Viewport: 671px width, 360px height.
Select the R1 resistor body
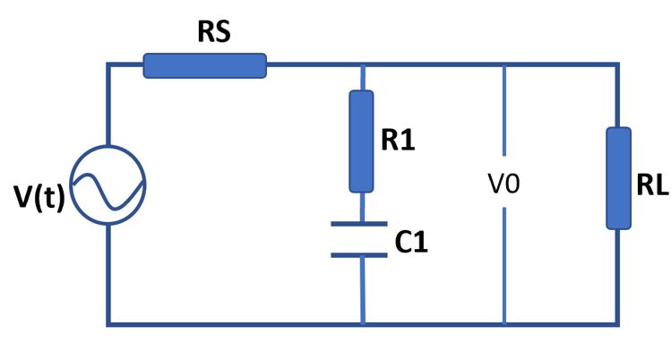click(361, 141)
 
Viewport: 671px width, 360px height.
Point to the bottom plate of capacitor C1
click(361, 254)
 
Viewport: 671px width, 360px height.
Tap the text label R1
click(400, 141)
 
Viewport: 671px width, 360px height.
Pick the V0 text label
click(503, 185)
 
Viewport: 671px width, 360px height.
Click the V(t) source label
click(39, 198)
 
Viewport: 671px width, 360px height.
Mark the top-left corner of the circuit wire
click(108, 64)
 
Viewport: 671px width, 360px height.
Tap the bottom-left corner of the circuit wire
click(108, 322)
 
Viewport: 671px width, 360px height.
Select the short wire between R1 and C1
click(361, 208)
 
